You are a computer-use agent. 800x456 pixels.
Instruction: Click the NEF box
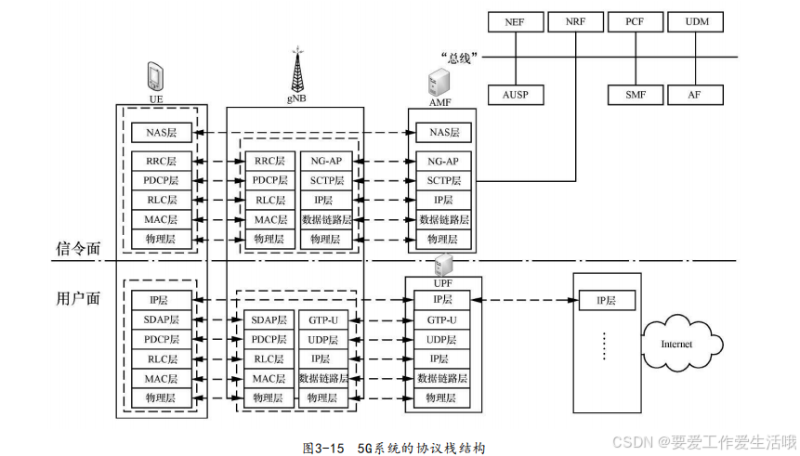pyautogui.click(x=516, y=22)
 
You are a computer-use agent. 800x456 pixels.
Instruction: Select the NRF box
pyautogui.click(x=575, y=22)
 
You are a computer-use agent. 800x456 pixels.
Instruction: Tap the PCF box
pyautogui.click(x=636, y=22)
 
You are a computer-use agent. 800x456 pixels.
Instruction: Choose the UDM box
pyautogui.click(x=695, y=22)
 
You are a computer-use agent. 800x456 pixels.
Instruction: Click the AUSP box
pyautogui.click(x=516, y=95)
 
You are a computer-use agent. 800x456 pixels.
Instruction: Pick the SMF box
pyautogui.click(x=636, y=95)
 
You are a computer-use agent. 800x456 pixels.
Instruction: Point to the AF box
pyautogui.click(x=695, y=95)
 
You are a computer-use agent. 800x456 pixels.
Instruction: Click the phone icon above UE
pyautogui.click(x=155, y=76)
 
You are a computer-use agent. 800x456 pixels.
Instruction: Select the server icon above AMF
pyautogui.click(x=439, y=83)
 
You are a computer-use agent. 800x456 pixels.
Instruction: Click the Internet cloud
pyautogui.click(x=682, y=343)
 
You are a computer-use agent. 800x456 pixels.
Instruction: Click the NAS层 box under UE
pyautogui.click(x=162, y=133)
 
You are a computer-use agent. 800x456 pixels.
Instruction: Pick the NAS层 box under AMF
pyautogui.click(x=443, y=133)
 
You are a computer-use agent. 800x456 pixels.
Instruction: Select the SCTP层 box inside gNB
pyautogui.click(x=326, y=180)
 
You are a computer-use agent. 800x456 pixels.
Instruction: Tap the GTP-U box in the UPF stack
pyautogui.click(x=441, y=320)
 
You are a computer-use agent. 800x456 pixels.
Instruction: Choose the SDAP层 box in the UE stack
pyautogui.click(x=162, y=319)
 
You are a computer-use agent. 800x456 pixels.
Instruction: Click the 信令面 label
pyautogui.click(x=78, y=249)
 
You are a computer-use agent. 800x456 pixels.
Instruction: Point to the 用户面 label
pyautogui.click(x=78, y=298)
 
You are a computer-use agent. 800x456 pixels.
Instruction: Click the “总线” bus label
pyautogui.click(x=459, y=58)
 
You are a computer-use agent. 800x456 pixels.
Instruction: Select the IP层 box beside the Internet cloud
pyautogui.click(x=607, y=300)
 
